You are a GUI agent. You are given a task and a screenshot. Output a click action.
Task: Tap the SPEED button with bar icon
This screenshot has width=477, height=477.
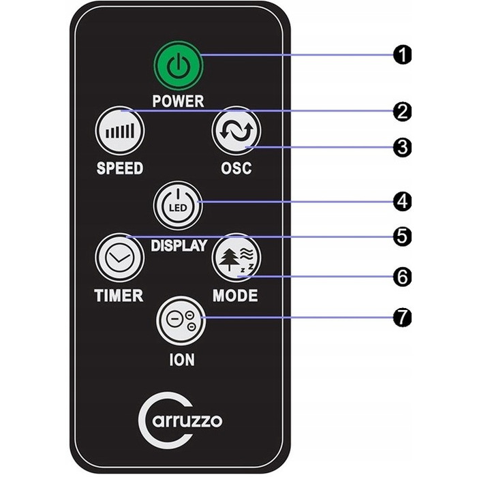119,131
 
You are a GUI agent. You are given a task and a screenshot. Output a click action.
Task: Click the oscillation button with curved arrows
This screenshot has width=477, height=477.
236,131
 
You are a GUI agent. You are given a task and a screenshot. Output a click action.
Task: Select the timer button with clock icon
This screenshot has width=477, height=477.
119,258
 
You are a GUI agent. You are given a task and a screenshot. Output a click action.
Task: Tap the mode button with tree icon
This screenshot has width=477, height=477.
236,258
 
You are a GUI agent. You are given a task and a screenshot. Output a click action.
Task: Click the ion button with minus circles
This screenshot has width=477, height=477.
181,321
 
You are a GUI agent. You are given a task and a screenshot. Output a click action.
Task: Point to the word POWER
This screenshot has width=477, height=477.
178,101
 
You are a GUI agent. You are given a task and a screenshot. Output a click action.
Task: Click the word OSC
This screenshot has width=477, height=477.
236,168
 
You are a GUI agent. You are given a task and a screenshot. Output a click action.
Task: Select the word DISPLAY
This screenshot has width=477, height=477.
179,245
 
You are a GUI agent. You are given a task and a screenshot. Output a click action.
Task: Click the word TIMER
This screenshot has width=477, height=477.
119,295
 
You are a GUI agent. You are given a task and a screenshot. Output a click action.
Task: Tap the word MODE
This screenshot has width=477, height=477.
235,295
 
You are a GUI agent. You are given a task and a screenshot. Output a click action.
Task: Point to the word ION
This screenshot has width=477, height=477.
182,360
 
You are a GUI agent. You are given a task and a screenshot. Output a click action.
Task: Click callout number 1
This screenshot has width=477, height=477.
402,55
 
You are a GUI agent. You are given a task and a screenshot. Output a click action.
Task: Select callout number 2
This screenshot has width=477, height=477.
402,112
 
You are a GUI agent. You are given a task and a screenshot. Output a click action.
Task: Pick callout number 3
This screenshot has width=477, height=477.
402,148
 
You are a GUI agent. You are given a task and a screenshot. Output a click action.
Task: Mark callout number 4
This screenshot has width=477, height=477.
402,202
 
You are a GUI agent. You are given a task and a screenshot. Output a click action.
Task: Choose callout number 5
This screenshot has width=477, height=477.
402,236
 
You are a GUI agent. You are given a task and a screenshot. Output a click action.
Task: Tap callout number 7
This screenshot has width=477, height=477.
402,318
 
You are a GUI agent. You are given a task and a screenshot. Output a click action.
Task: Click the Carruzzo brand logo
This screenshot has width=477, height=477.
180,420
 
